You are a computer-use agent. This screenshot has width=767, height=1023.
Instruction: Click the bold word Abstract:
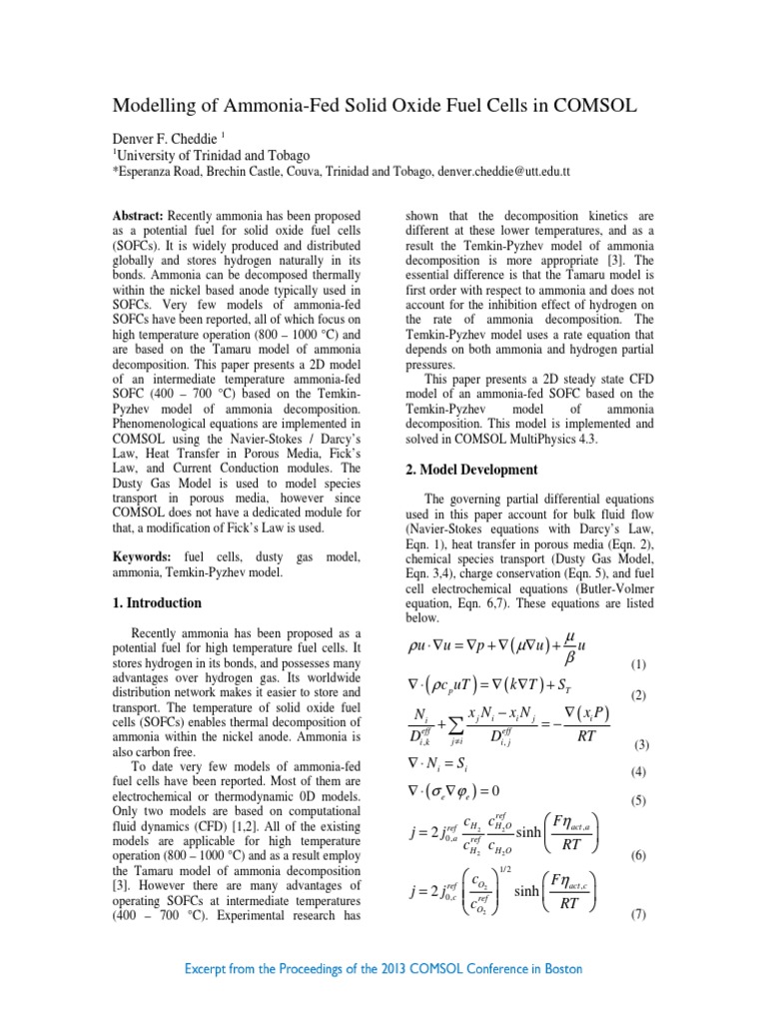[140, 216]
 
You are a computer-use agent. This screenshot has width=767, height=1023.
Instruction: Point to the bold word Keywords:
[143, 555]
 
